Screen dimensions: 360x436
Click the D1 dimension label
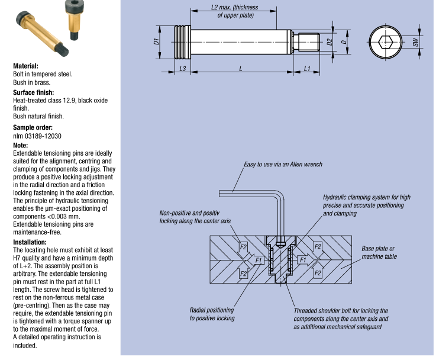point(154,41)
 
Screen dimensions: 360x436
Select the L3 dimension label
point(183,69)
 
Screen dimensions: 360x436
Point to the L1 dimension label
point(307,69)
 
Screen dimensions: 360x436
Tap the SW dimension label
point(416,42)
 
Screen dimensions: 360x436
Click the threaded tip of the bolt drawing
point(307,42)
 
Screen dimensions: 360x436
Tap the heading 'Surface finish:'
point(34,92)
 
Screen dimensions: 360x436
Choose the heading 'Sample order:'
point(33,127)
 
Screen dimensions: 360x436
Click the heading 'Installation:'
point(30,242)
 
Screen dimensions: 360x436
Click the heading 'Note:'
point(20,145)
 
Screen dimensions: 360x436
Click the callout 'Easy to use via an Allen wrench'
point(283,164)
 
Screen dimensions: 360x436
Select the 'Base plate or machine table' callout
point(379,252)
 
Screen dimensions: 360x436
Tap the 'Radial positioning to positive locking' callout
point(212,314)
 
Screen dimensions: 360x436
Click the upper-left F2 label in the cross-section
point(243,246)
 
